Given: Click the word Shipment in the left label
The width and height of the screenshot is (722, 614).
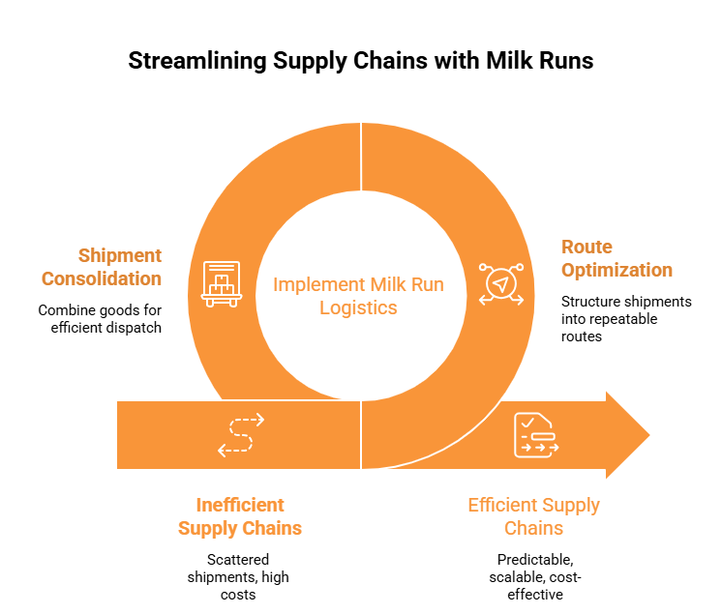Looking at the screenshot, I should tap(120, 256).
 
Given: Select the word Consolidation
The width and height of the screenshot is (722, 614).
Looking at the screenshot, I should tap(102, 279).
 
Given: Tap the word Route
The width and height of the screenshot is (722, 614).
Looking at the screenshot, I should tap(587, 247).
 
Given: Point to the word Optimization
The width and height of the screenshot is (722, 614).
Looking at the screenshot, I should tap(617, 270).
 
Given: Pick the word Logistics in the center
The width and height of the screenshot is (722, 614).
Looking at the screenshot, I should tap(358, 308).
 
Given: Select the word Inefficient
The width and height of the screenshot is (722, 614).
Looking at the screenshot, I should tap(240, 505).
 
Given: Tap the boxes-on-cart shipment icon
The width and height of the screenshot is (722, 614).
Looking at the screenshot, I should tap(222, 284).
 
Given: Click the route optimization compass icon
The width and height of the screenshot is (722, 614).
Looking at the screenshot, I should tap(500, 284).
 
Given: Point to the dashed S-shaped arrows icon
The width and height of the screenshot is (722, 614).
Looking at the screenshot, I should tap(240, 435).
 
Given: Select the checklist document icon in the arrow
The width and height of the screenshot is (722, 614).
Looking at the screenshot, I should tap(534, 435).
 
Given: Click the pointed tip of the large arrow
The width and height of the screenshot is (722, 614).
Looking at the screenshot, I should tap(648, 434).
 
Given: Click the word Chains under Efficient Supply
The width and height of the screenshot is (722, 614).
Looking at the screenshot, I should tap(533, 529).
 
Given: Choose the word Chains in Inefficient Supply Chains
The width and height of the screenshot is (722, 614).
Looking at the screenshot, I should tap(272, 529).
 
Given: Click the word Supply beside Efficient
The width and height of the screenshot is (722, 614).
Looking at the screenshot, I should tap(571, 505).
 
